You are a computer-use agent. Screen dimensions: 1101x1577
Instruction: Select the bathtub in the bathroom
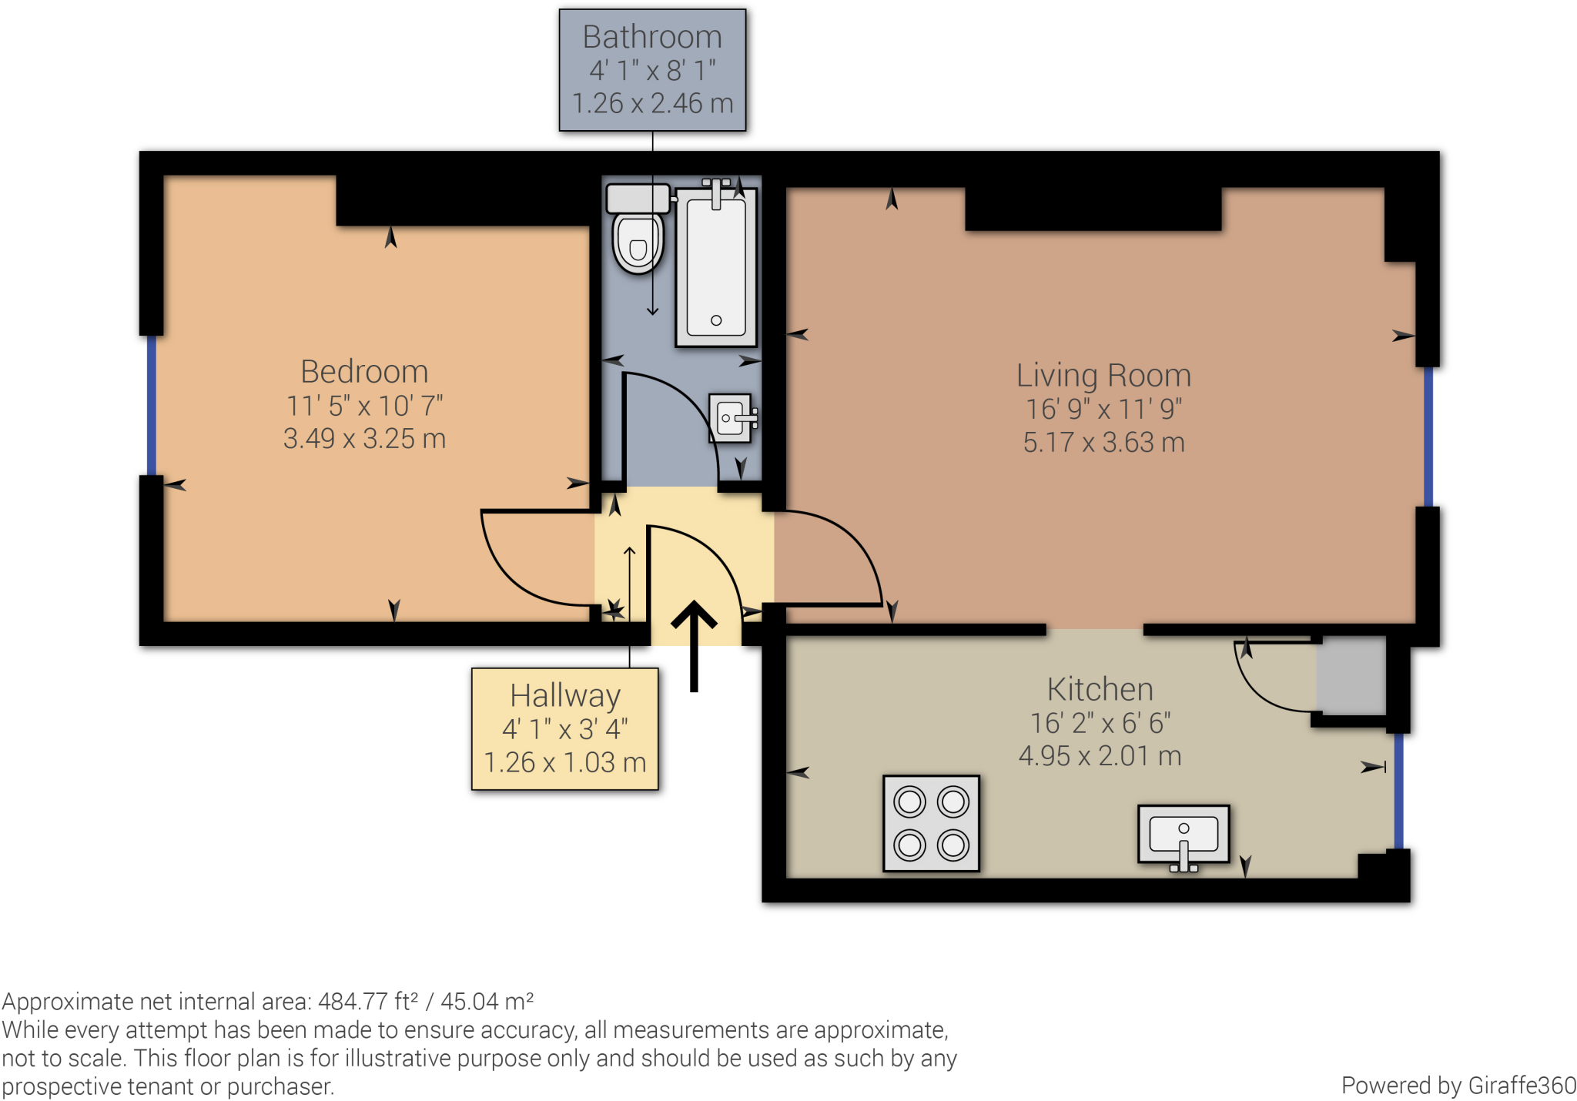tap(716, 266)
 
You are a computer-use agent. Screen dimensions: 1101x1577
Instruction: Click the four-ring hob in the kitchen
tap(931, 823)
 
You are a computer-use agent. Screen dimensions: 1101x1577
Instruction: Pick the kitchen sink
tap(1184, 835)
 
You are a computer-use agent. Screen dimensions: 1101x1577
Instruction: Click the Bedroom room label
tap(364, 372)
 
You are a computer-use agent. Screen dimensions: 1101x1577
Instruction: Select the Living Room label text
tap(1103, 376)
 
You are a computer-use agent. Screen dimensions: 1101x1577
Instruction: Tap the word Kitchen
tap(1100, 689)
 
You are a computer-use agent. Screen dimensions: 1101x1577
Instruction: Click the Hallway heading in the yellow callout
tap(565, 695)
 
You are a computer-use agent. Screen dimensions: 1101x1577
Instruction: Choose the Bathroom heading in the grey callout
tap(652, 37)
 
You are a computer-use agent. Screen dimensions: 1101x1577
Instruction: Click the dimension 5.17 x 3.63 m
tap(1103, 443)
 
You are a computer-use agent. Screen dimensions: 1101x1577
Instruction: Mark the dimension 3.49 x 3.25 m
tap(364, 439)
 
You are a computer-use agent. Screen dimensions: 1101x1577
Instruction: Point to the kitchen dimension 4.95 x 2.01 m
tap(1100, 756)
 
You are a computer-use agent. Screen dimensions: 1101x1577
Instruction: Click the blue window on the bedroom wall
tap(152, 406)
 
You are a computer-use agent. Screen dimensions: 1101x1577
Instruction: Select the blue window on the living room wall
tap(1428, 437)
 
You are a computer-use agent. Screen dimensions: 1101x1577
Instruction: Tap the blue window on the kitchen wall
tap(1398, 791)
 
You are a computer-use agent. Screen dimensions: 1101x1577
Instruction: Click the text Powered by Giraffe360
tap(1458, 1086)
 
